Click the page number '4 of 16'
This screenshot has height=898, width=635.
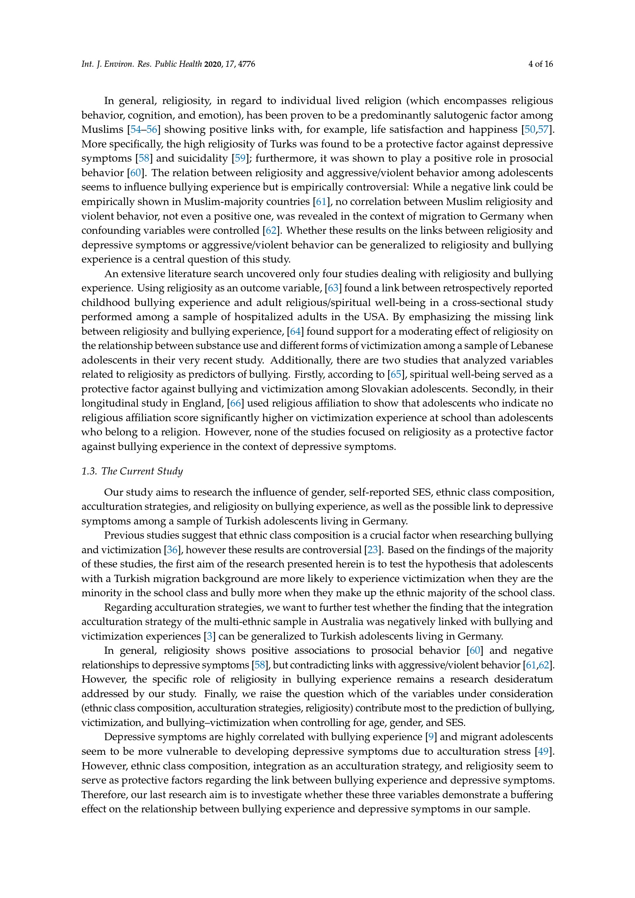coord(541,64)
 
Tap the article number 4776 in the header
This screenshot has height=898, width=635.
coord(247,64)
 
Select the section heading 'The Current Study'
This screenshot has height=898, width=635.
coord(142,471)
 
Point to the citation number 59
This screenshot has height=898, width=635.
coord(240,159)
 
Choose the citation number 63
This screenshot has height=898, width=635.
coord(333,288)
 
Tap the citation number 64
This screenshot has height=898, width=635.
coord(295,332)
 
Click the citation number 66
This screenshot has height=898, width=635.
coord(235,403)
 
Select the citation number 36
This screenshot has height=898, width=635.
coord(172,550)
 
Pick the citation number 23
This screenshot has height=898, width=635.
coord(373,550)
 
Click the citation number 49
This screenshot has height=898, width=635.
coord(543,751)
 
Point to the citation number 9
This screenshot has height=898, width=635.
coord(431,737)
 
